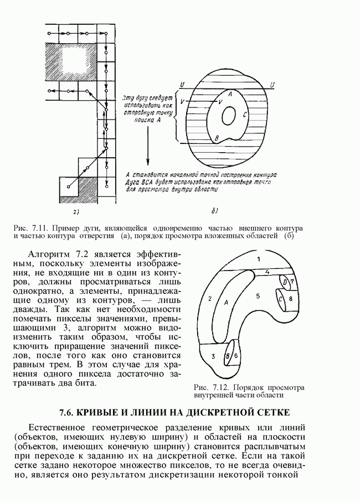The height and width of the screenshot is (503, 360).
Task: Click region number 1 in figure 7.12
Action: click(258, 259)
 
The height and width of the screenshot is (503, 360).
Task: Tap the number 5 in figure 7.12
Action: click(258, 297)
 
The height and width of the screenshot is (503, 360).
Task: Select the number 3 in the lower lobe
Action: click(212, 356)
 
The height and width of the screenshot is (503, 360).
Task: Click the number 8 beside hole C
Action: click(290, 299)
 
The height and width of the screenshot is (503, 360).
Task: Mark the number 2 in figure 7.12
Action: click(210, 299)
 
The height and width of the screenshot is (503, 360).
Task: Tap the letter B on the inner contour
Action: click(218, 137)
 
